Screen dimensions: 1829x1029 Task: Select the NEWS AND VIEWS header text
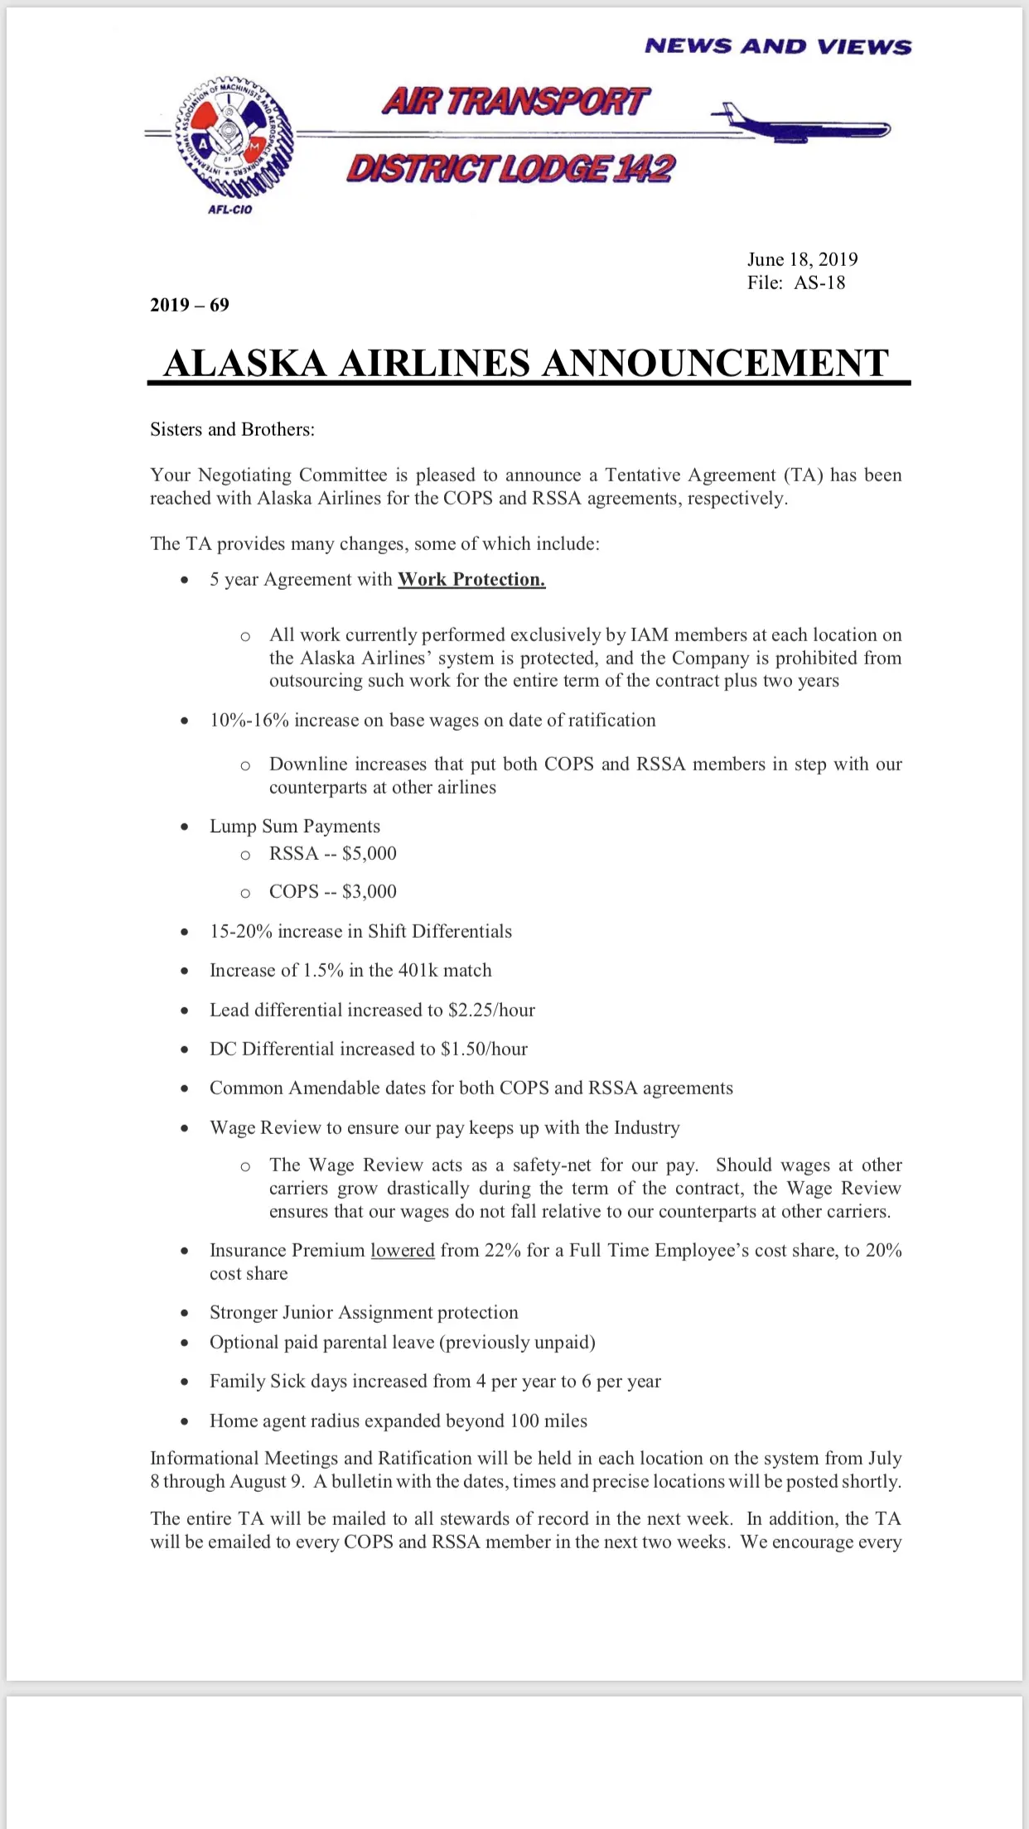pos(778,46)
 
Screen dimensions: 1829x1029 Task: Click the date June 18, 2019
pos(802,259)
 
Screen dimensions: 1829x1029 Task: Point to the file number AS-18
pos(819,282)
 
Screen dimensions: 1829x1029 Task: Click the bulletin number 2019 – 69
pos(190,305)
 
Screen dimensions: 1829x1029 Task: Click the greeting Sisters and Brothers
pos(232,429)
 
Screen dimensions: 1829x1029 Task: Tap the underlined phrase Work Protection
pos(471,579)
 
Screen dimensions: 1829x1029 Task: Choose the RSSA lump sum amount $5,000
pos(370,853)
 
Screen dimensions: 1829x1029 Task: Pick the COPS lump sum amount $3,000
pos(370,891)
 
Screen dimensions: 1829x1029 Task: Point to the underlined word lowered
pos(403,1250)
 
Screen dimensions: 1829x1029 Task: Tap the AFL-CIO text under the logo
pos(229,210)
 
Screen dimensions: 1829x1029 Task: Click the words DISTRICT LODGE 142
pos(511,168)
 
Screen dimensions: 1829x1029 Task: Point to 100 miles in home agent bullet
pos(548,1421)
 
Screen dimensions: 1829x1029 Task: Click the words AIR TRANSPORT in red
pos(515,101)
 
